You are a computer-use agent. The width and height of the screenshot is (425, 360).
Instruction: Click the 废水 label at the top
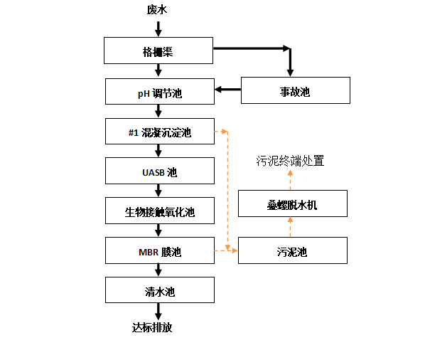pos(157,10)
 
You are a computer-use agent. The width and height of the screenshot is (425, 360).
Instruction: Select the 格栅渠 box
pos(158,51)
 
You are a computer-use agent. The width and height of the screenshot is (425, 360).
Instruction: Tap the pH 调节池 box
pos(160,92)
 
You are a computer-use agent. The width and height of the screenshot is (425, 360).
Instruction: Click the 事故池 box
pos(296,90)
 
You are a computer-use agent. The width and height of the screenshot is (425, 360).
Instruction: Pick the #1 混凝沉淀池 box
pos(160,132)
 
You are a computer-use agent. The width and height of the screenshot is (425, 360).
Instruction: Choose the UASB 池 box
pos(160,171)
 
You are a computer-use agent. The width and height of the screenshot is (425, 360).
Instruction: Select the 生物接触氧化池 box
pos(160,211)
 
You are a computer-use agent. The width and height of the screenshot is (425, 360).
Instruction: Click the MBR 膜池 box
pos(160,250)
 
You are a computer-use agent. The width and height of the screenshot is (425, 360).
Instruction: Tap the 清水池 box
pos(160,290)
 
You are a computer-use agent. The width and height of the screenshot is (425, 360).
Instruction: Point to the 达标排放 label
pos(152,328)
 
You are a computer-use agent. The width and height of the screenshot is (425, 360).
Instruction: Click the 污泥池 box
pos(293,250)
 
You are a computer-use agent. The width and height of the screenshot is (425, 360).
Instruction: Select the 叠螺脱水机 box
pos(293,203)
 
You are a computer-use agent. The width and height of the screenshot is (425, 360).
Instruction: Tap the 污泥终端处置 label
pos(290,161)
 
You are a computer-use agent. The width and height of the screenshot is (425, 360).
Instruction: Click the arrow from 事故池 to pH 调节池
pos(227,89)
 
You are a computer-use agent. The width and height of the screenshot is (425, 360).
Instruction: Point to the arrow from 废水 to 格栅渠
pos(158,28)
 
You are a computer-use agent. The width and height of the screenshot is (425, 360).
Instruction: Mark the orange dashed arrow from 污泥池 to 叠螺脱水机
pos(290,227)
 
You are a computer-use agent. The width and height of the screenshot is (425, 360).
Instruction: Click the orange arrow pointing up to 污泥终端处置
pos(290,180)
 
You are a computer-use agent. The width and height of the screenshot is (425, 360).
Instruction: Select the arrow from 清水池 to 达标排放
pos(158,312)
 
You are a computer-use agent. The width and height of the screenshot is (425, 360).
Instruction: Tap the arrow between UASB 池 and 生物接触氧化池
pos(158,191)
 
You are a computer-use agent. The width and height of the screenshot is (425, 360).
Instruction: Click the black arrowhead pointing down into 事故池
pos(290,73)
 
